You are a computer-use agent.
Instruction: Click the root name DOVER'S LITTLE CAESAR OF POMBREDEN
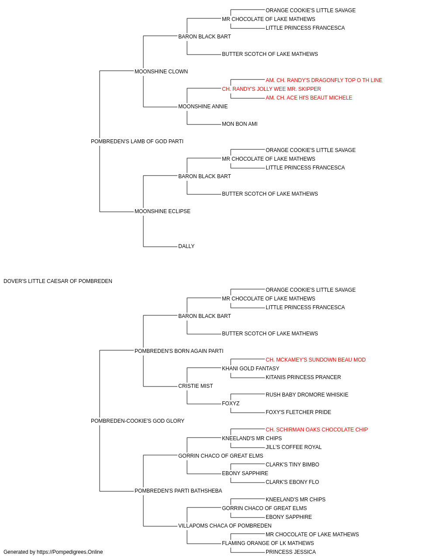coord(58,281)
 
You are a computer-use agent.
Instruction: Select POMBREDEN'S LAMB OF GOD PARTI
coord(137,141)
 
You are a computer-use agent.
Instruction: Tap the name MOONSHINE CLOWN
coord(161,72)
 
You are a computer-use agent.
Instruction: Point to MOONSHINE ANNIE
coord(203,107)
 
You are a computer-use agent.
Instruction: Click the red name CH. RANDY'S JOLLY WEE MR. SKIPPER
coord(271,89)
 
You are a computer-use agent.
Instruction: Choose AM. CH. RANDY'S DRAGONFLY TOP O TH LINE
coord(324,80)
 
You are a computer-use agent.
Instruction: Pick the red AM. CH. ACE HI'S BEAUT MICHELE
coord(309,98)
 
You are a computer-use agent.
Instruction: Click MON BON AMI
coord(239,124)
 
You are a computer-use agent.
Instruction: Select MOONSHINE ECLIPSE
coord(163,211)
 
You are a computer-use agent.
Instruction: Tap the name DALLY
coord(186,246)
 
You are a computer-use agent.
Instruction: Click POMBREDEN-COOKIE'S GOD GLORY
coord(138,421)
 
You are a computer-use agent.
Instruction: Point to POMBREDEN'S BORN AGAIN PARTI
coord(179,351)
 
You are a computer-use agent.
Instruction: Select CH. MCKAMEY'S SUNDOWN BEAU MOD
coord(316,359)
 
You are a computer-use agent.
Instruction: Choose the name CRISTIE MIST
coord(196,386)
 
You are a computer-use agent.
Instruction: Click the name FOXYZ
coord(231,404)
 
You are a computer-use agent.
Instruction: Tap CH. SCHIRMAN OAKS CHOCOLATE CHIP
coord(316,430)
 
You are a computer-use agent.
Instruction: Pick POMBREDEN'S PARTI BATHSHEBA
coord(178,491)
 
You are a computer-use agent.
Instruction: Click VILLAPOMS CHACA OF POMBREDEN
coord(225,526)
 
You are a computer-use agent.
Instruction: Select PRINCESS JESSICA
coord(291,552)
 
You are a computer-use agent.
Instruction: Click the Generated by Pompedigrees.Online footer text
coord(53,552)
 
